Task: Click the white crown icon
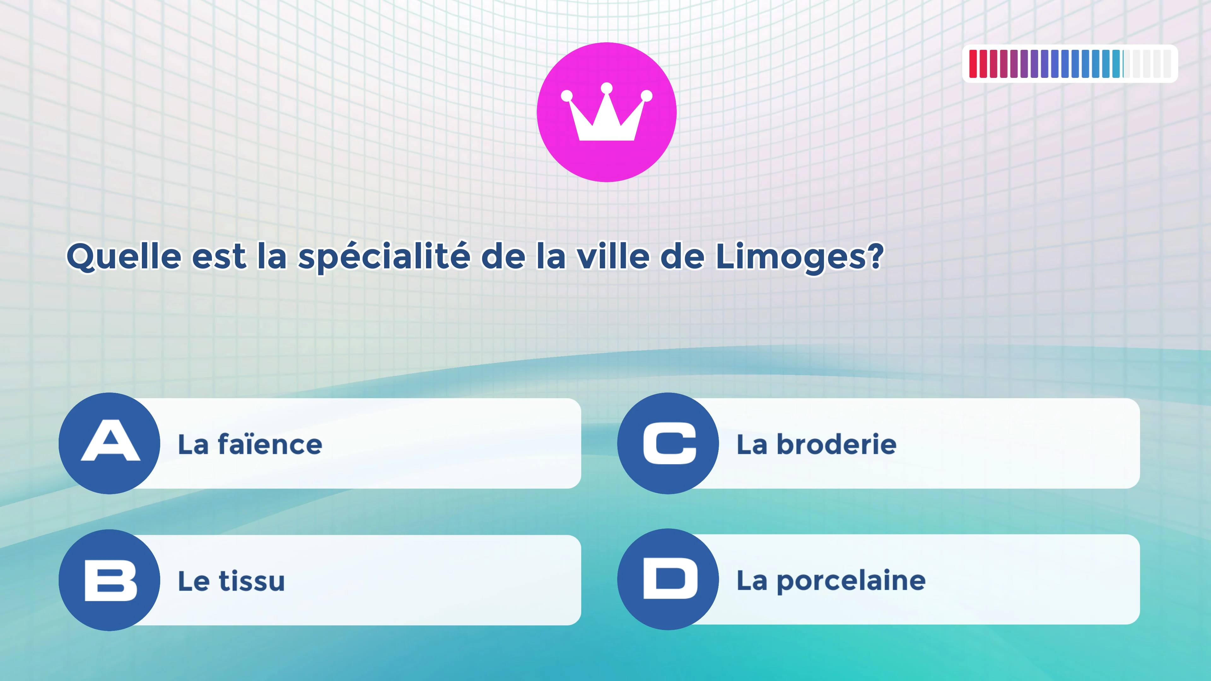[x=606, y=113]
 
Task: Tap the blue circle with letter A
[x=109, y=443]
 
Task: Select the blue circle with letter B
[x=109, y=580]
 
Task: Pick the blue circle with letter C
[x=668, y=443]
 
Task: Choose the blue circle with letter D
[x=668, y=579]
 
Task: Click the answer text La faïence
[x=250, y=444]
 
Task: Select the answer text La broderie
[x=816, y=444]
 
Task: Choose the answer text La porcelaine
[x=831, y=581]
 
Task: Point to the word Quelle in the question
[x=124, y=257]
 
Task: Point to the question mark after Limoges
[x=875, y=256]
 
